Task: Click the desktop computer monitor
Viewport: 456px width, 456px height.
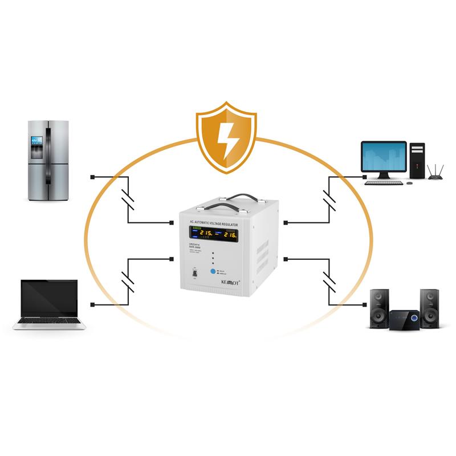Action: pyautogui.click(x=384, y=157)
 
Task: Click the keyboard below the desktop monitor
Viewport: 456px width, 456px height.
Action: pyautogui.click(x=384, y=182)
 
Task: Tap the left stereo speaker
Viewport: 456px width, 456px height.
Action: pyautogui.click(x=379, y=308)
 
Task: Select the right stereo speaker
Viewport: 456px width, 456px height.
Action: pyautogui.click(x=429, y=308)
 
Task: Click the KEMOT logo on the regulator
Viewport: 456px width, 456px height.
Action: pyautogui.click(x=228, y=281)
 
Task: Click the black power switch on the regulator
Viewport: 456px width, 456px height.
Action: pyautogui.click(x=195, y=274)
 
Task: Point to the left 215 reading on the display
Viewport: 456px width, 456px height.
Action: pyautogui.click(x=206, y=234)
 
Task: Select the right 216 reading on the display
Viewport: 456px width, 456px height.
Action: pyautogui.click(x=230, y=234)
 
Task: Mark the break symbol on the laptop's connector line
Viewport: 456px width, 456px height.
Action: pyautogui.click(x=129, y=282)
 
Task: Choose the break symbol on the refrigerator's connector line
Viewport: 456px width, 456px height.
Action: pyautogui.click(x=129, y=199)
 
